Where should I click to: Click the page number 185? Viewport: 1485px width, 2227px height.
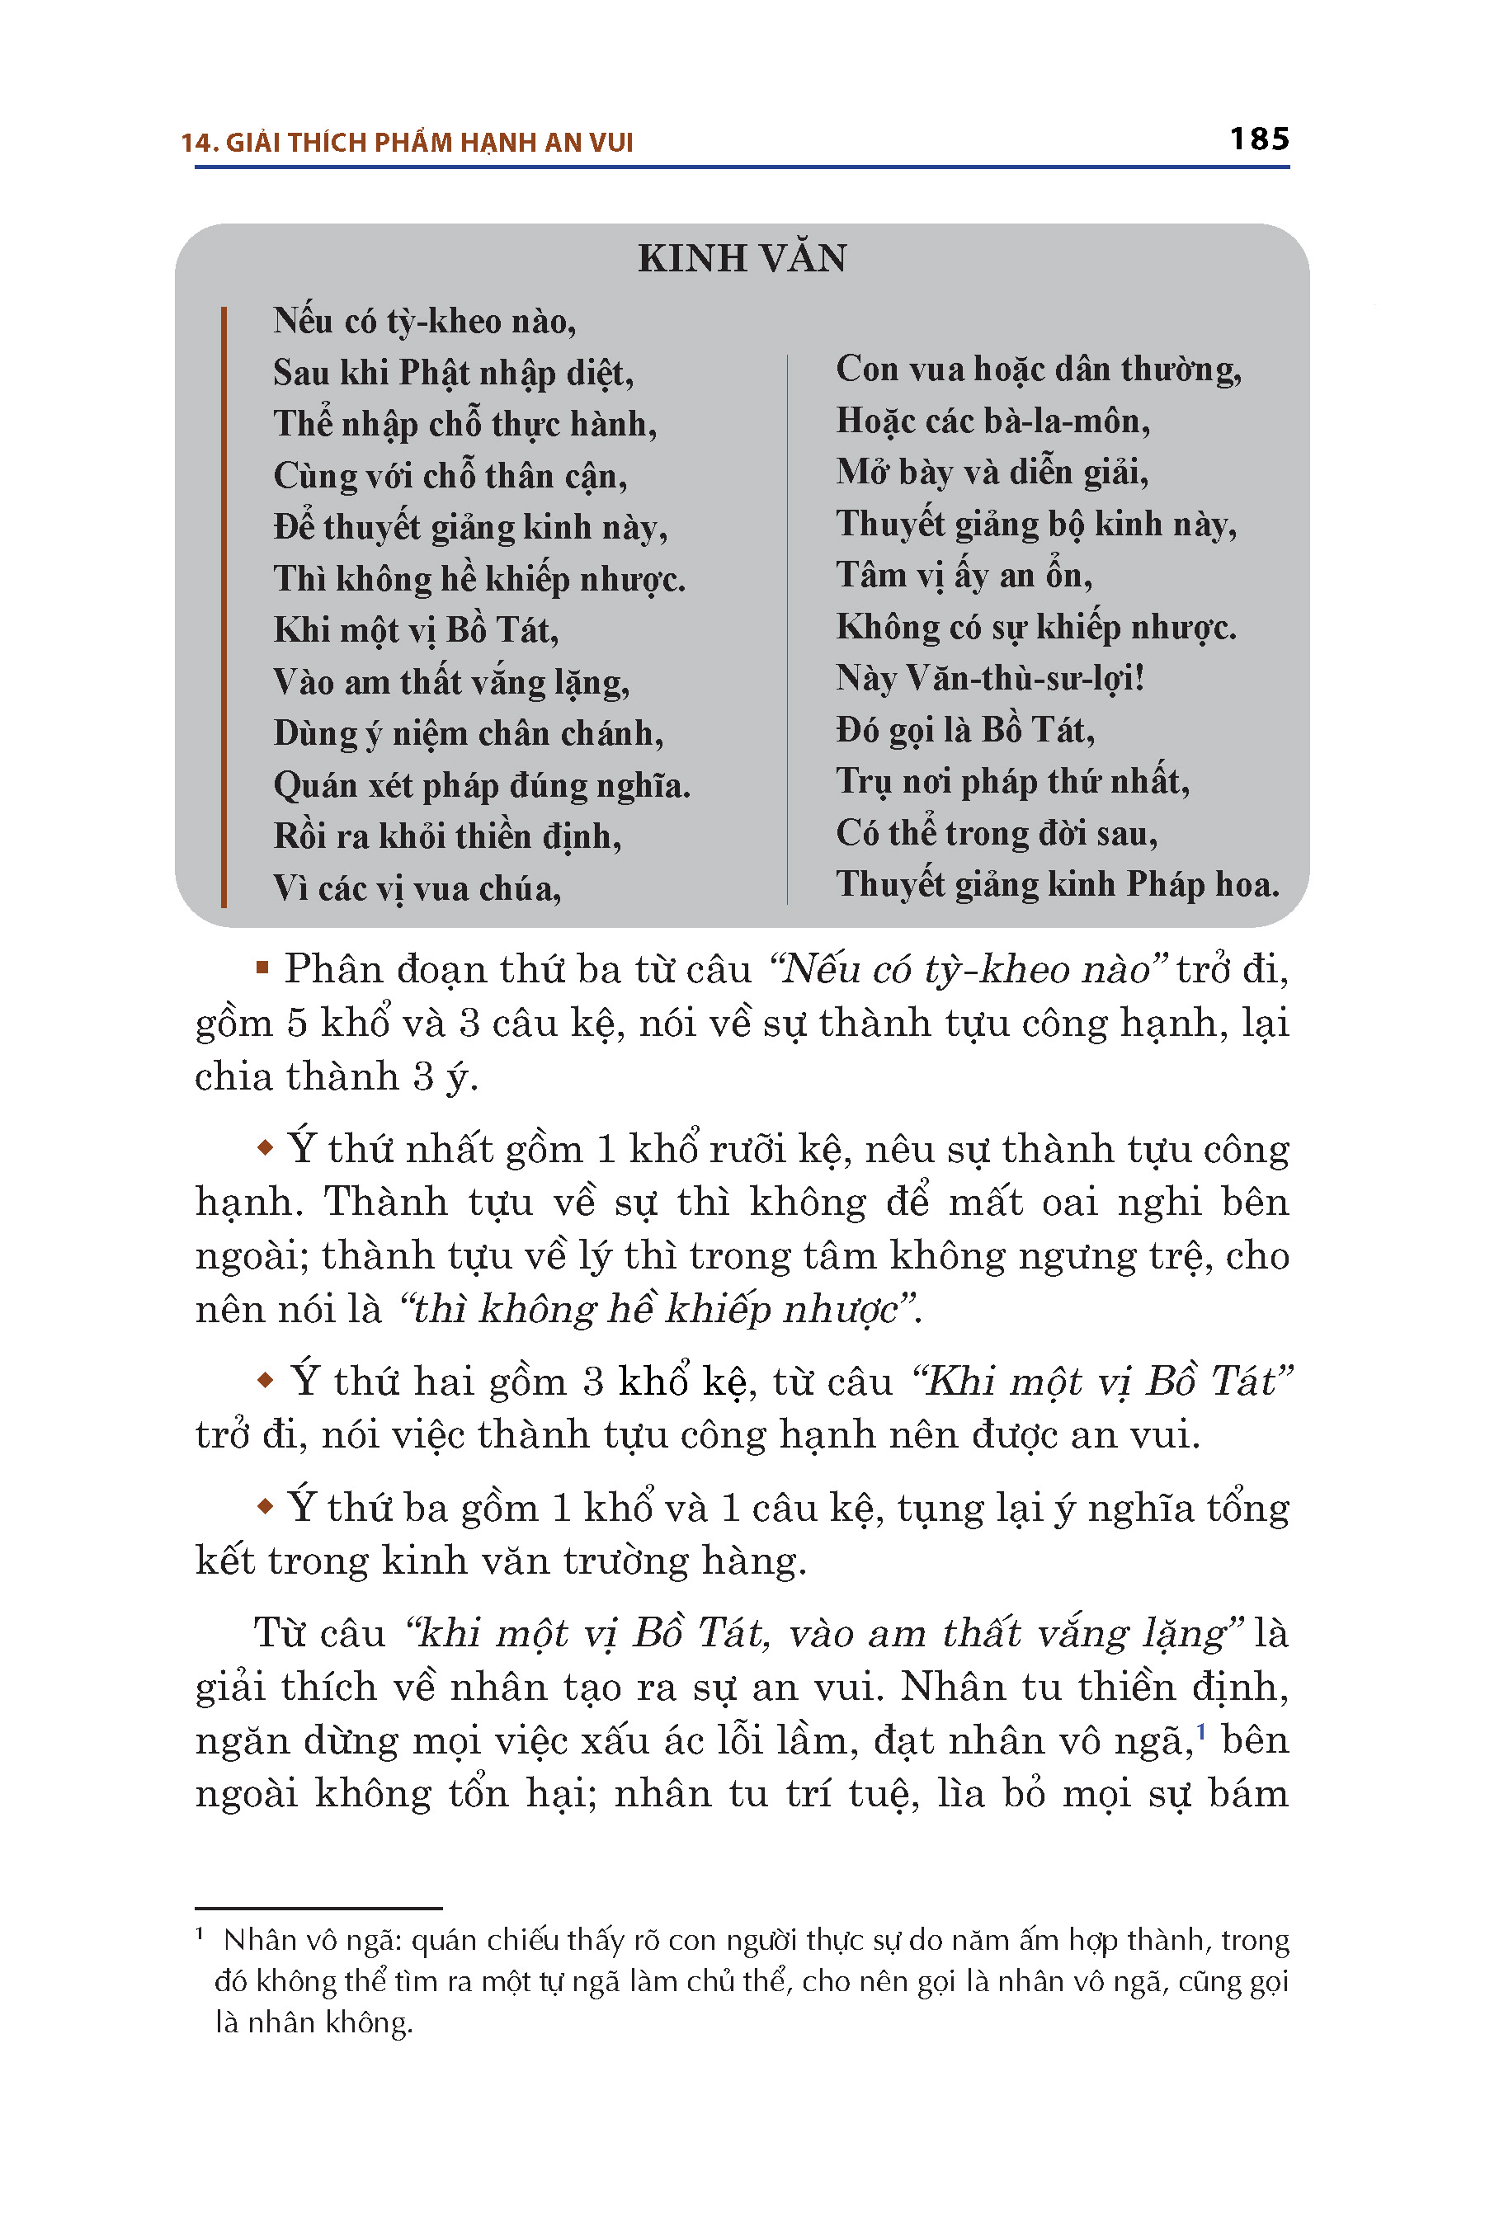click(1259, 139)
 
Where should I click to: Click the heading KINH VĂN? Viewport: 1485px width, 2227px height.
click(742, 258)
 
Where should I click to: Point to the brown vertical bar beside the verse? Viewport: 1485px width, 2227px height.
click(224, 606)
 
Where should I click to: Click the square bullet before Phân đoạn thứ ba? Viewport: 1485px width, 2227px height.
click(263, 968)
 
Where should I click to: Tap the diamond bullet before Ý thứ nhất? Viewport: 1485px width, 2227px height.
click(265, 1148)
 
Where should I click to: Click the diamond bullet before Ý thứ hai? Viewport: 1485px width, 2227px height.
click(265, 1381)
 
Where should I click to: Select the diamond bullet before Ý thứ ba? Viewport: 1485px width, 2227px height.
click(265, 1505)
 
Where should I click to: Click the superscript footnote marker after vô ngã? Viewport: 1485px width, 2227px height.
click(1201, 1730)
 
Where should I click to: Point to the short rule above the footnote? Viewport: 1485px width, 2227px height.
click(318, 1908)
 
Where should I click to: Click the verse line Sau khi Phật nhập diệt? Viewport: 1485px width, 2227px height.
click(453, 373)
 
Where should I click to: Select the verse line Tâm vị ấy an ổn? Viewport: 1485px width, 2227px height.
click(963, 576)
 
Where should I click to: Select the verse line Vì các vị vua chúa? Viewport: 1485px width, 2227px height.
click(417, 888)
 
